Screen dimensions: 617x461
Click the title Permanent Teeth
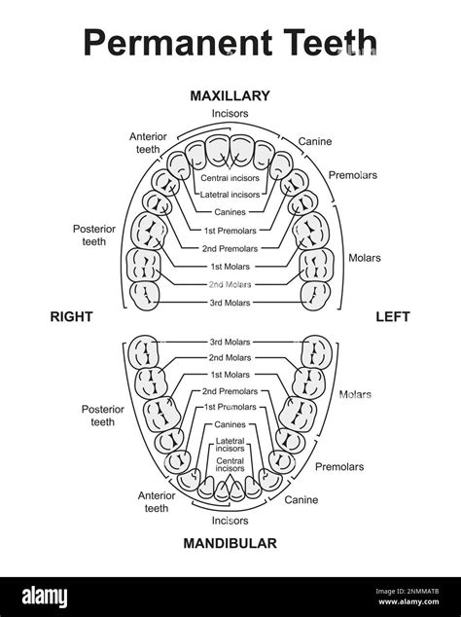[230, 43]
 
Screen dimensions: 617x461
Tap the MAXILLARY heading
[230, 95]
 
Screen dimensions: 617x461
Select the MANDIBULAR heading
[230, 543]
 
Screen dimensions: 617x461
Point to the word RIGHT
[71, 316]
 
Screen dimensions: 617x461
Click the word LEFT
[393, 316]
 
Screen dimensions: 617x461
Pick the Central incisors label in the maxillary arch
[230, 178]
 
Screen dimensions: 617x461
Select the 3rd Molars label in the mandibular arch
[230, 342]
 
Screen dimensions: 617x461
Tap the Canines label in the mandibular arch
[230, 424]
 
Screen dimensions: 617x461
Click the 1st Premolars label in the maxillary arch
[230, 231]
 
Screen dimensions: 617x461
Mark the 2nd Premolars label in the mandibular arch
[230, 390]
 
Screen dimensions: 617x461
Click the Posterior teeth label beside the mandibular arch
[102, 416]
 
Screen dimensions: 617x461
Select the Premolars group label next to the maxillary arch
[353, 175]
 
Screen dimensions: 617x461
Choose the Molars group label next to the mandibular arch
[356, 394]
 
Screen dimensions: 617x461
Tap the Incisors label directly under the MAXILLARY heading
[230, 114]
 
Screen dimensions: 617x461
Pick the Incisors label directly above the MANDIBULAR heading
[230, 521]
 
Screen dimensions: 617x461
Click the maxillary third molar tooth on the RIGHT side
[145, 293]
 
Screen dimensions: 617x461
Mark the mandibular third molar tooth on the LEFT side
[316, 348]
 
